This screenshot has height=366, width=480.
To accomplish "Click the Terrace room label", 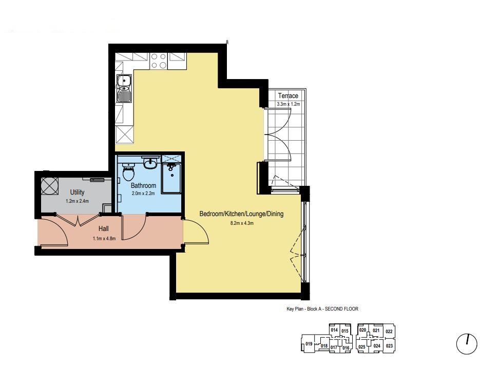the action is coord(288,96).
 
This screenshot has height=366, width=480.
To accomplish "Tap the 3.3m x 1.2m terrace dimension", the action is coord(289,104).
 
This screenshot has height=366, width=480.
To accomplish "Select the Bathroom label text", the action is coord(143,185).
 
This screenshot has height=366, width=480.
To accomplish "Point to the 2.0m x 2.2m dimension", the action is coord(143,194).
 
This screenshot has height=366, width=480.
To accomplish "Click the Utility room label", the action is coord(77,192).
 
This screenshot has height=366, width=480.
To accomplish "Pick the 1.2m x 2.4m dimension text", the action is coord(77,201).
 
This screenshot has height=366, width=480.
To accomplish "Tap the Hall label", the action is coord(104,228).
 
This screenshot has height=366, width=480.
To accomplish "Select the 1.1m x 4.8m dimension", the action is coord(104,238).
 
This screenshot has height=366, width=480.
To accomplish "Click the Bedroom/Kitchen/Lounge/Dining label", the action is coord(241,214).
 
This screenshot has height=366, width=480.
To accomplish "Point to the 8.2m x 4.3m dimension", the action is coord(242,223).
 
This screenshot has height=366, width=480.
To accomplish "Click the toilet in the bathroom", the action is coord(128,172).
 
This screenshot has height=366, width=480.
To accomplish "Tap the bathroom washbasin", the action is coord(150,163).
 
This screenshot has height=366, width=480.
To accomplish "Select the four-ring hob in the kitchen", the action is coord(159,61).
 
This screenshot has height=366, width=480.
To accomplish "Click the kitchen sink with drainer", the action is coord(124,88).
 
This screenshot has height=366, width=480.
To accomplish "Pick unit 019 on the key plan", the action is coord(309,343).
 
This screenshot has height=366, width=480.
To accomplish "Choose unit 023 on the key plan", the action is coord(389,346).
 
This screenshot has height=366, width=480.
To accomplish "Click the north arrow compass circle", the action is coord(467,344).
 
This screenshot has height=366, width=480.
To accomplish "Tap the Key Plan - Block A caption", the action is coord(322,309).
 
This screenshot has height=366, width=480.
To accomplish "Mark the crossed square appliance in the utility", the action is coord(50,186).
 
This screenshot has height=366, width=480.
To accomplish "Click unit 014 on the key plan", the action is coord(334,330).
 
